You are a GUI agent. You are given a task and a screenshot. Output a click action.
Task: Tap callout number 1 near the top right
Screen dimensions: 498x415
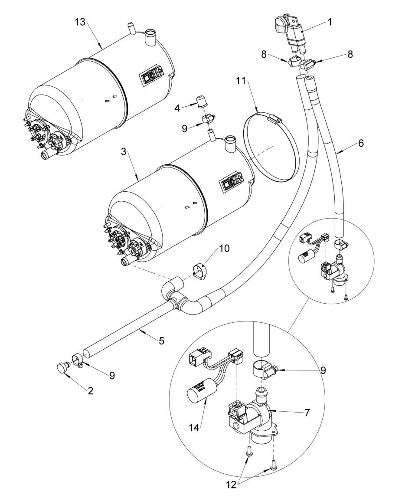[x=330, y=23]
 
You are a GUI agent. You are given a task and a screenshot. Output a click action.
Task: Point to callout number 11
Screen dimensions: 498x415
[x=241, y=81]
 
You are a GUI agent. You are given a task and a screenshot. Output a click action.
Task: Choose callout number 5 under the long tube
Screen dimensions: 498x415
[x=161, y=341]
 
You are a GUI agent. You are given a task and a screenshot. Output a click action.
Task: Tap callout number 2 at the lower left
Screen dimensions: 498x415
[x=90, y=390]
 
